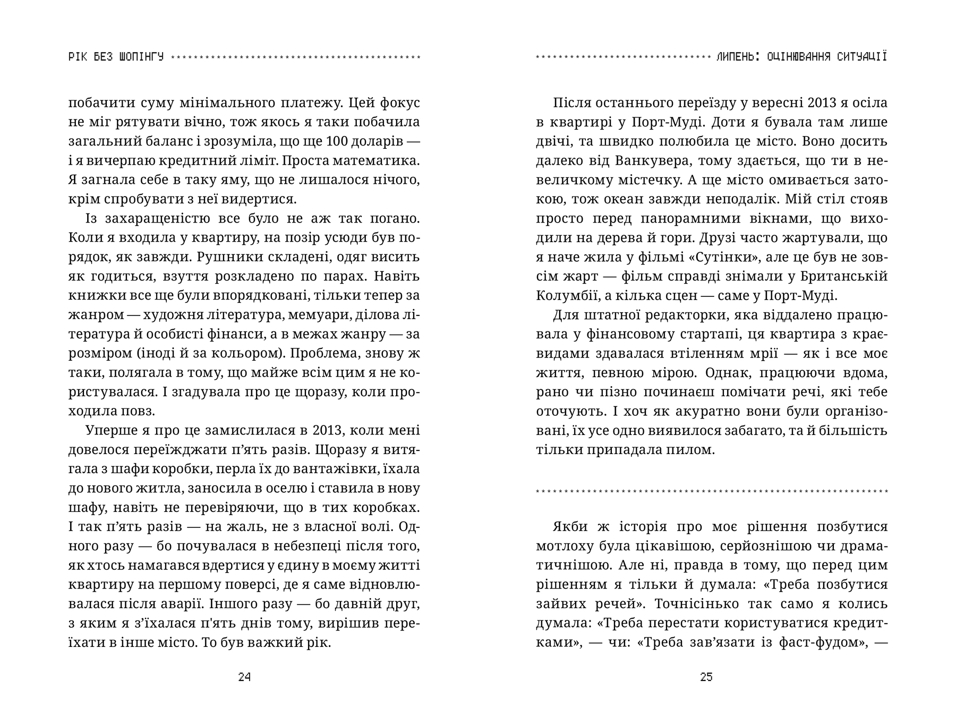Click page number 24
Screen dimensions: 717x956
[244, 677]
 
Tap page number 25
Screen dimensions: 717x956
[706, 677]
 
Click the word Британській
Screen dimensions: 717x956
[843, 276]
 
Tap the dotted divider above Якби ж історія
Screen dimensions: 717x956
[712, 491]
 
